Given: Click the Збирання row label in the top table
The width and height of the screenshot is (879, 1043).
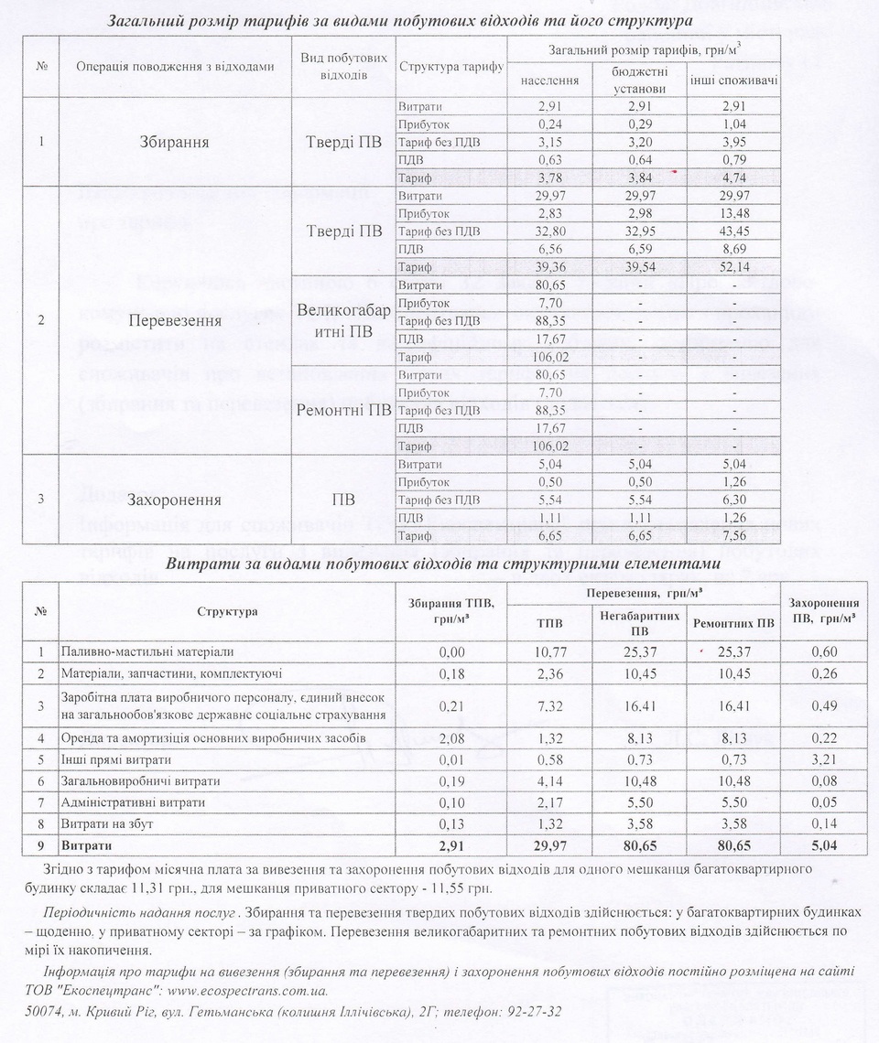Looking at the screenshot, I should click(174, 142).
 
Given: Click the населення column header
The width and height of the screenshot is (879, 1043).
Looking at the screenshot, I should click(549, 81).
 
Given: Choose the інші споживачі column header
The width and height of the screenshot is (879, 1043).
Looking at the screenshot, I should click(734, 81).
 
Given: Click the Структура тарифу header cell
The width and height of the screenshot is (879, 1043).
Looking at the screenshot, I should click(451, 66).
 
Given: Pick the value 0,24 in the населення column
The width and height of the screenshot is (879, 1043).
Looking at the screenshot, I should click(549, 124).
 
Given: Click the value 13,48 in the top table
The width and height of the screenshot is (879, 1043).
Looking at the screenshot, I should click(734, 213).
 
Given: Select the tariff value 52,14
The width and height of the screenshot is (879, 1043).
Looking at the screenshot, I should click(734, 267).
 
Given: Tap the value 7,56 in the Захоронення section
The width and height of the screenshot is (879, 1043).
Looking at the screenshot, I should click(734, 535).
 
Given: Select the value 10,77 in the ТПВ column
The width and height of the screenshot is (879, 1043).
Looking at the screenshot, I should click(549, 652).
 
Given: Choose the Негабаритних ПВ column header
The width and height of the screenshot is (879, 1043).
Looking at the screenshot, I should click(640, 623).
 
